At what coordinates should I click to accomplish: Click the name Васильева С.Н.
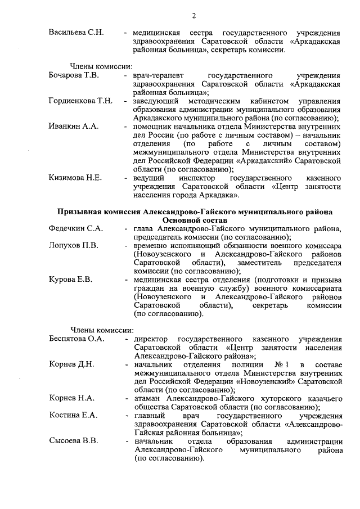(76, 32)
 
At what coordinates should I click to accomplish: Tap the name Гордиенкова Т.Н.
(80, 101)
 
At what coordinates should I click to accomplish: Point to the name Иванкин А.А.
(74, 127)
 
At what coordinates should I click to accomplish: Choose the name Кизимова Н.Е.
(75, 178)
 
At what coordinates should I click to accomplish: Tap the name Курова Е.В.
(70, 280)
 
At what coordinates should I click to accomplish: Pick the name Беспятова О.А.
(76, 339)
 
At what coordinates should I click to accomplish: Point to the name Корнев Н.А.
(71, 399)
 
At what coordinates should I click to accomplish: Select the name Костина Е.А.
(73, 416)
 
